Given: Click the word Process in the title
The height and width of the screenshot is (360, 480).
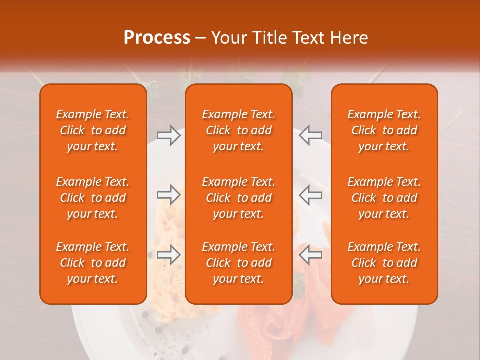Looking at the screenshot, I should pyautogui.click(x=157, y=38).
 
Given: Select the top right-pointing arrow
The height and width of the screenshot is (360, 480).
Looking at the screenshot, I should pyautogui.click(x=168, y=135).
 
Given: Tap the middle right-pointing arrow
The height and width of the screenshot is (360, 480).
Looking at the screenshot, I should pyautogui.click(x=168, y=195).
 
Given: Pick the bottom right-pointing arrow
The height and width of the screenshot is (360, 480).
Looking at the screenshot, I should pyautogui.click(x=168, y=255).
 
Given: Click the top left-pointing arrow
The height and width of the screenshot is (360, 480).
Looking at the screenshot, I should pyautogui.click(x=310, y=135).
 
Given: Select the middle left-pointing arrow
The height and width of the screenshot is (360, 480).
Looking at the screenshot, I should pyautogui.click(x=310, y=195).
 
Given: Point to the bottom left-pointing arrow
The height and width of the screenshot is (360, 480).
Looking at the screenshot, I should pyautogui.click(x=310, y=255).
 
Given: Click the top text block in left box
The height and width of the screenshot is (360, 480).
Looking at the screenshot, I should pyautogui.click(x=93, y=130).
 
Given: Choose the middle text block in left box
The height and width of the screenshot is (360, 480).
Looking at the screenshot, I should pyautogui.click(x=93, y=198).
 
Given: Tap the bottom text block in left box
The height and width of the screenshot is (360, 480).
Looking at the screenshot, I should pyautogui.click(x=93, y=263).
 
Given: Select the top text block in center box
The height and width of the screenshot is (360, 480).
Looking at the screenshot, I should pyautogui.click(x=238, y=130).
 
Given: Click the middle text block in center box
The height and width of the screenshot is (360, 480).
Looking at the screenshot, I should pyautogui.click(x=238, y=198).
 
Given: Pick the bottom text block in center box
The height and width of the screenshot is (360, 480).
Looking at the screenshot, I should pyautogui.click(x=238, y=263).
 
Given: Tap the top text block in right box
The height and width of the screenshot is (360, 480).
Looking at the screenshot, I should pyautogui.click(x=384, y=130).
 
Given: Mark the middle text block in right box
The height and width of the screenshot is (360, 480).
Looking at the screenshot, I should pyautogui.click(x=384, y=198).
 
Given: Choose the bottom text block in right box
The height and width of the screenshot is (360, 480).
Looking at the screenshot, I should pyautogui.click(x=384, y=263).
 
